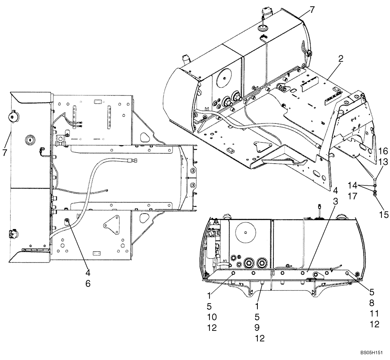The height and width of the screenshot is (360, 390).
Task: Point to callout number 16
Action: pyautogui.click(x=383, y=151)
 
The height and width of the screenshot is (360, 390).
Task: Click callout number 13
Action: pyautogui.click(x=383, y=161)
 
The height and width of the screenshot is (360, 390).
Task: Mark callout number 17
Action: pyautogui.click(x=352, y=197)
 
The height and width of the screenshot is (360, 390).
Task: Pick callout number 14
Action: pyautogui.click(x=352, y=185)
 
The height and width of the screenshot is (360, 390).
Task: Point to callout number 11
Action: pyautogui.click(x=374, y=313)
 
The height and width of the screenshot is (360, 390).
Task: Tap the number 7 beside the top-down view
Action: pyautogui.click(x=5, y=152)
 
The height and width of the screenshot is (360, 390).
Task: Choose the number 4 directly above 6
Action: pyautogui.click(x=88, y=273)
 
